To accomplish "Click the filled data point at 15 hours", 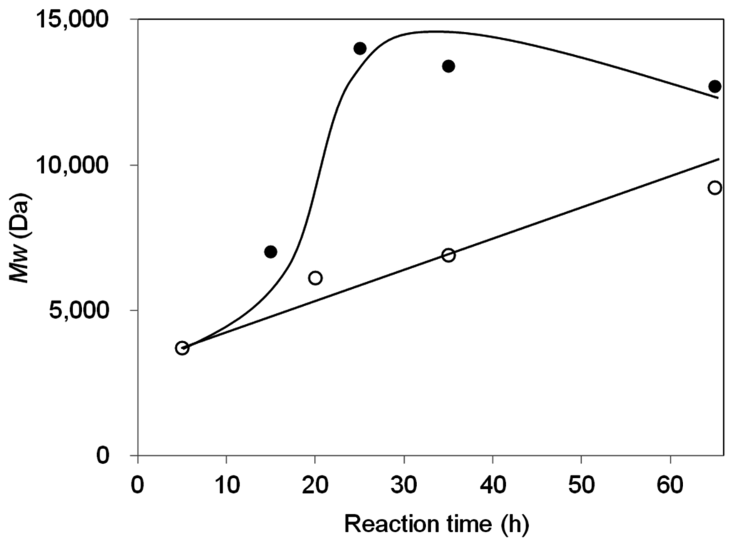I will click(271, 252).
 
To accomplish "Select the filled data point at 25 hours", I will click(360, 49).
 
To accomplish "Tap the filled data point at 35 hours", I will click(448, 66).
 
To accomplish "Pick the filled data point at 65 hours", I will click(715, 86).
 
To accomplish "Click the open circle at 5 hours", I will click(182, 347).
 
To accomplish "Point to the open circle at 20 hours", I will click(315, 278).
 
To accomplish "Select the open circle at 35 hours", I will click(448, 255).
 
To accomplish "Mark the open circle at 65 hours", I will click(715, 188).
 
